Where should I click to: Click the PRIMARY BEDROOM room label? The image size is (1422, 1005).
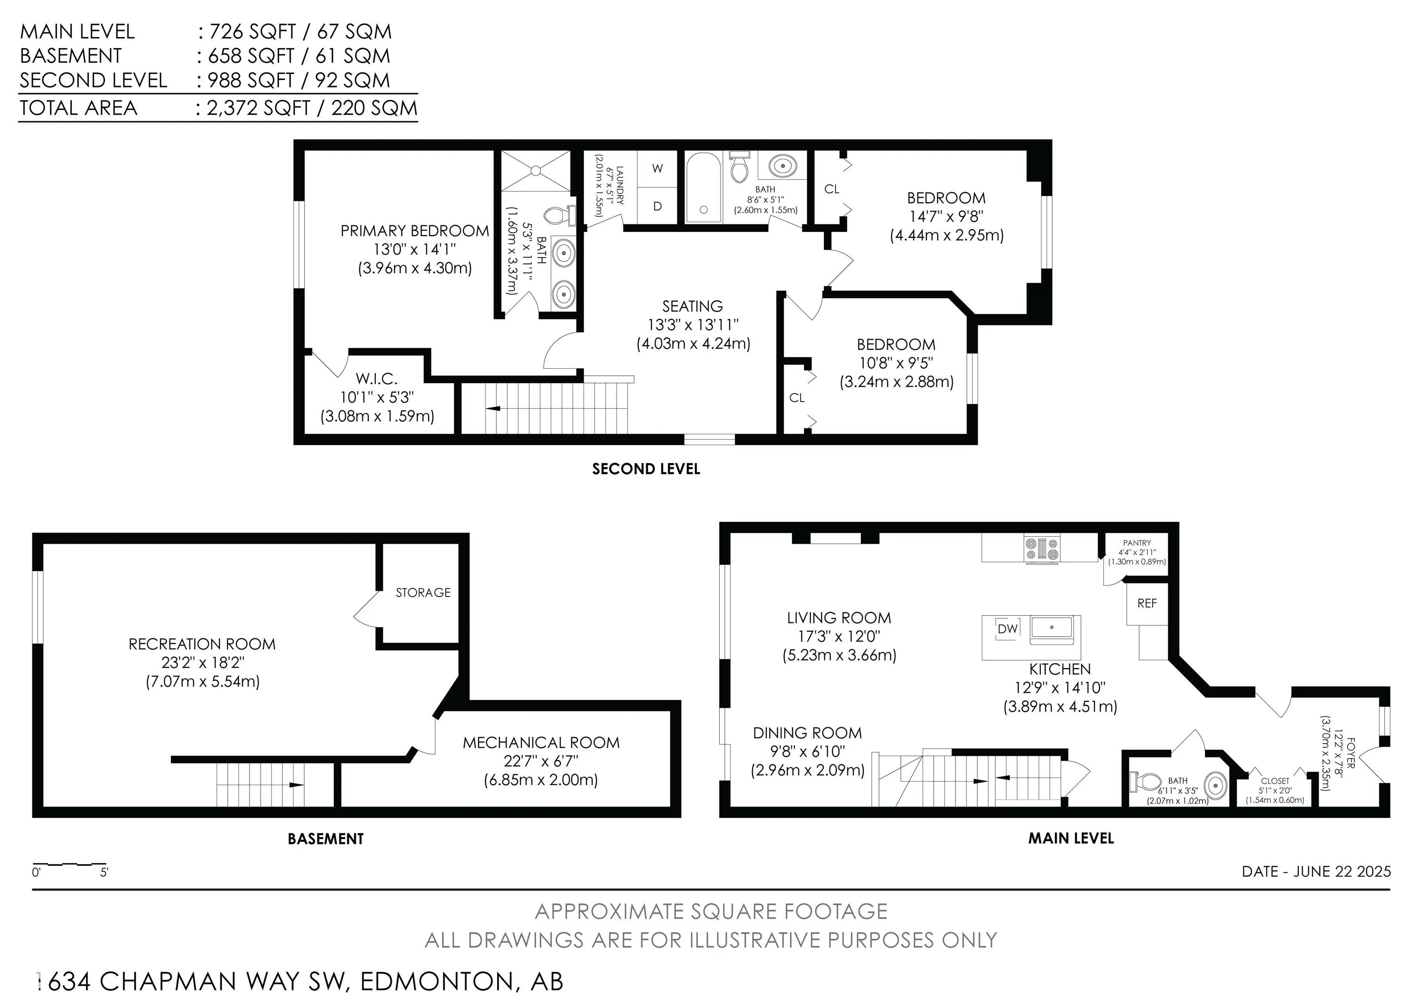pos(414,231)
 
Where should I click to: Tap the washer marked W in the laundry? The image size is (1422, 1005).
pos(658,168)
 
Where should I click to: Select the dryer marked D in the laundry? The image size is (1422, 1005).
pos(658,205)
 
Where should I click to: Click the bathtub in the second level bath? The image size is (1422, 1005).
pos(703,187)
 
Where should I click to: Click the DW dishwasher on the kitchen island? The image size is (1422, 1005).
pos(1008,628)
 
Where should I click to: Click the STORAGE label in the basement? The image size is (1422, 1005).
pos(423,593)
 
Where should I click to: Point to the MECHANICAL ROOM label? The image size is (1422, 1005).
pos(541,743)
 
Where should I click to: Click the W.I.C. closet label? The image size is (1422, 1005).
pos(376,378)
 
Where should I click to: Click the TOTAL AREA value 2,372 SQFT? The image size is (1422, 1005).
pos(258,108)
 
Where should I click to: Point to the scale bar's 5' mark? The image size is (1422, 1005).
pos(104,873)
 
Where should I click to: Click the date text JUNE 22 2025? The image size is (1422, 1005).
pos(1341,871)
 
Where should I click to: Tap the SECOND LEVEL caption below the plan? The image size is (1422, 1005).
pos(646,469)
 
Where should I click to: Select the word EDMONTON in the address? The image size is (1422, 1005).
pos(437,981)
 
